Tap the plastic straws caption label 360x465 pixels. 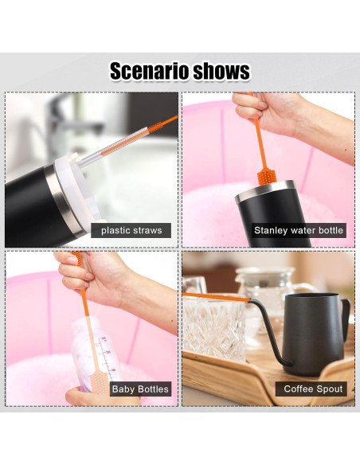tap(131, 231)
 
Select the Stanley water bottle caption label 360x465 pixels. tap(299, 231)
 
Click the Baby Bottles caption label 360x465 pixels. tap(141, 389)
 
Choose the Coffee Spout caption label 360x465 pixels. tap(313, 389)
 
